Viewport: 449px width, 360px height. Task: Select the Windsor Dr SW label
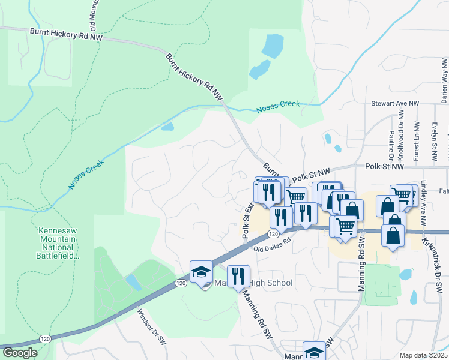151,327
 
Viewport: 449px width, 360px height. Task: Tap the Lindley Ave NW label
424,203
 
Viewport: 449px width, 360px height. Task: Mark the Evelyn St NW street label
434,143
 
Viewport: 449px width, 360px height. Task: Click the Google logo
20,353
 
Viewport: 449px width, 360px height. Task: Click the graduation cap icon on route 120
202,273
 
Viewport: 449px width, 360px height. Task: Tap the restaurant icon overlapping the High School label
238,277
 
